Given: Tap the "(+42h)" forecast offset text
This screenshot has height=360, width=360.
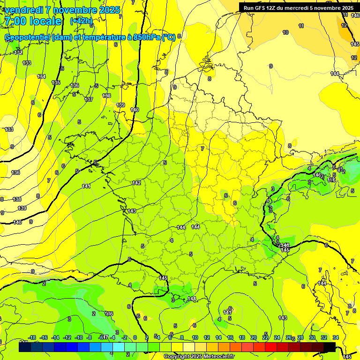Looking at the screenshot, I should [x=81, y=21].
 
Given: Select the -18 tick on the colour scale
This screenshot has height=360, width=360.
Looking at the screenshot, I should [x=32, y=337].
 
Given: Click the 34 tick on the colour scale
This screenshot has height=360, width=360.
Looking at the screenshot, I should [x=336, y=337].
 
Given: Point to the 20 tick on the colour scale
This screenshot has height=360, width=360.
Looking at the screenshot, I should [x=254, y=337].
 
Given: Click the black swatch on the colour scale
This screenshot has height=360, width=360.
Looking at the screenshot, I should [x=329, y=347].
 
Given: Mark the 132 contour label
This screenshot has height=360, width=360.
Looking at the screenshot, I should [x=18, y=52].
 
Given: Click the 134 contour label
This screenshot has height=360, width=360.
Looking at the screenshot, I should [x=42, y=76].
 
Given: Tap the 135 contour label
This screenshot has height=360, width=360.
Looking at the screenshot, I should [x=56, y=82].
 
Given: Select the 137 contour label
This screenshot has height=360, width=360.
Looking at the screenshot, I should [x=89, y=99].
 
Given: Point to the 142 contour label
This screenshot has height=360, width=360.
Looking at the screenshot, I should [x=136, y=183].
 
